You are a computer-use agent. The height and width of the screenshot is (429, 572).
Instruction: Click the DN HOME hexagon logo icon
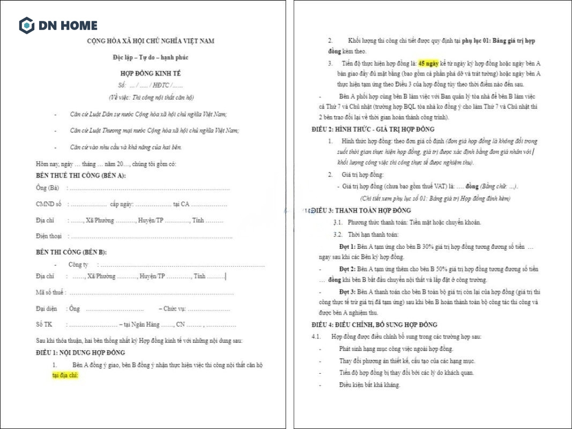pos(26,25)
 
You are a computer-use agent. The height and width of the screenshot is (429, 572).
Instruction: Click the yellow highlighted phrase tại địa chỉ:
pos(65,375)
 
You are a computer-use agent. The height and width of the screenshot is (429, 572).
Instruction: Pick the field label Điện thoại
pos(48,236)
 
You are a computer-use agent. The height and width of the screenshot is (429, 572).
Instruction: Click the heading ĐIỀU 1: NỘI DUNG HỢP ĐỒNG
pos(80,352)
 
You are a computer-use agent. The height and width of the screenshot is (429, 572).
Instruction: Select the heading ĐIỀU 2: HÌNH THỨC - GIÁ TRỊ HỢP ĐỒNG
pos(373,129)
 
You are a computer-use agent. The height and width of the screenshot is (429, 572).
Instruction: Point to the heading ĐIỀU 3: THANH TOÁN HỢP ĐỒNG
pos(362,210)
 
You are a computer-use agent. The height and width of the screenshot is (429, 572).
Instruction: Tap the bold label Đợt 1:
pos(347,246)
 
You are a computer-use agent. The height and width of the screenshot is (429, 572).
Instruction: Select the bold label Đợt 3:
pos(347,292)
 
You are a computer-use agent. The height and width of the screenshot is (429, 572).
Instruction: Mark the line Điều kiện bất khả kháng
pos(369,384)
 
